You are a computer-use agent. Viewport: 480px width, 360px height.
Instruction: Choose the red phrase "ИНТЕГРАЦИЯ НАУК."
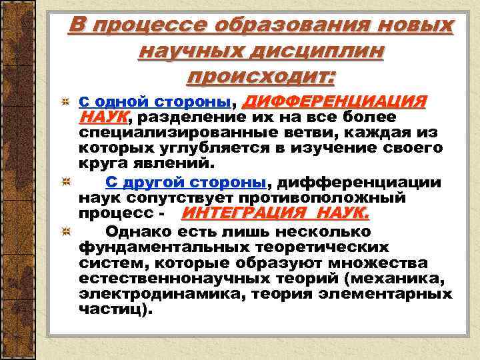(x=275, y=214)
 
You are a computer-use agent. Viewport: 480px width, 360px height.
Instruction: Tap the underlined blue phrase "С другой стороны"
(x=186, y=183)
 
